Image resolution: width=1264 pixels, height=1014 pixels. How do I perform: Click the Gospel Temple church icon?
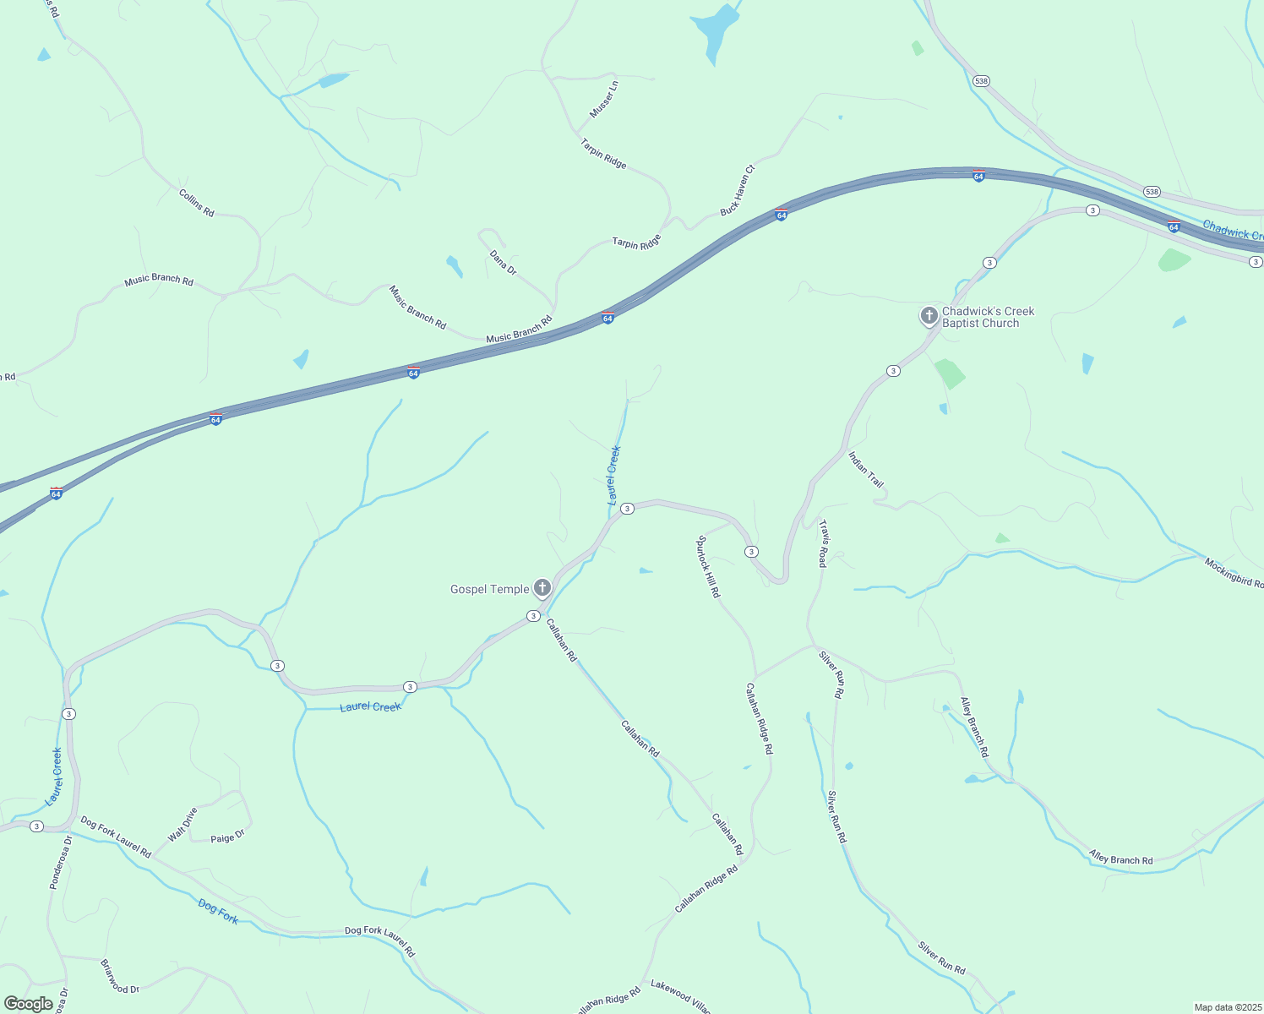point(542,588)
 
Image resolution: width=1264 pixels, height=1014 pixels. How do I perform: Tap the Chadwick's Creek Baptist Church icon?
point(929,317)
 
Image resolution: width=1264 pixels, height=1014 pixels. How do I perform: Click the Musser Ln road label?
point(604,100)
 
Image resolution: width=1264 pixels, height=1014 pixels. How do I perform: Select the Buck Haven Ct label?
point(738,190)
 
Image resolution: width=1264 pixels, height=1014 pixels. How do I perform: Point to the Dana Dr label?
point(503,262)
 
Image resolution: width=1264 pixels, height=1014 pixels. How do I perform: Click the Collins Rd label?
point(196,203)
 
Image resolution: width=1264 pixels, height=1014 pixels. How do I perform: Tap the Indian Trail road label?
point(866,470)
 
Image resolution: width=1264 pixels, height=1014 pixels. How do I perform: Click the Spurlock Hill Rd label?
point(708,566)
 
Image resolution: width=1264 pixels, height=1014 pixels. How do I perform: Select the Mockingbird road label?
point(1234,573)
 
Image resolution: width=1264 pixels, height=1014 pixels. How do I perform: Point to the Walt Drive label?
point(183,825)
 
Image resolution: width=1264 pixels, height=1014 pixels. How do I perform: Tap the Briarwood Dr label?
point(119,977)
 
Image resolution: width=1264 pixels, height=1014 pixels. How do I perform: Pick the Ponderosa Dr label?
point(61,863)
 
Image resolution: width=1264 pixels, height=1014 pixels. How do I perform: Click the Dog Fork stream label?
point(218,912)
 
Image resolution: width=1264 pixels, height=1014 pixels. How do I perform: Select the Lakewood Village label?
point(680,997)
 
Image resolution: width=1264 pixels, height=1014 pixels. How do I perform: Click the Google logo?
point(28,1004)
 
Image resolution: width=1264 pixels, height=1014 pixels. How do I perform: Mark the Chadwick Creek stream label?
point(1232,230)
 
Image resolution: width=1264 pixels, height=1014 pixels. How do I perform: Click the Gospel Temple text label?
point(489,589)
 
